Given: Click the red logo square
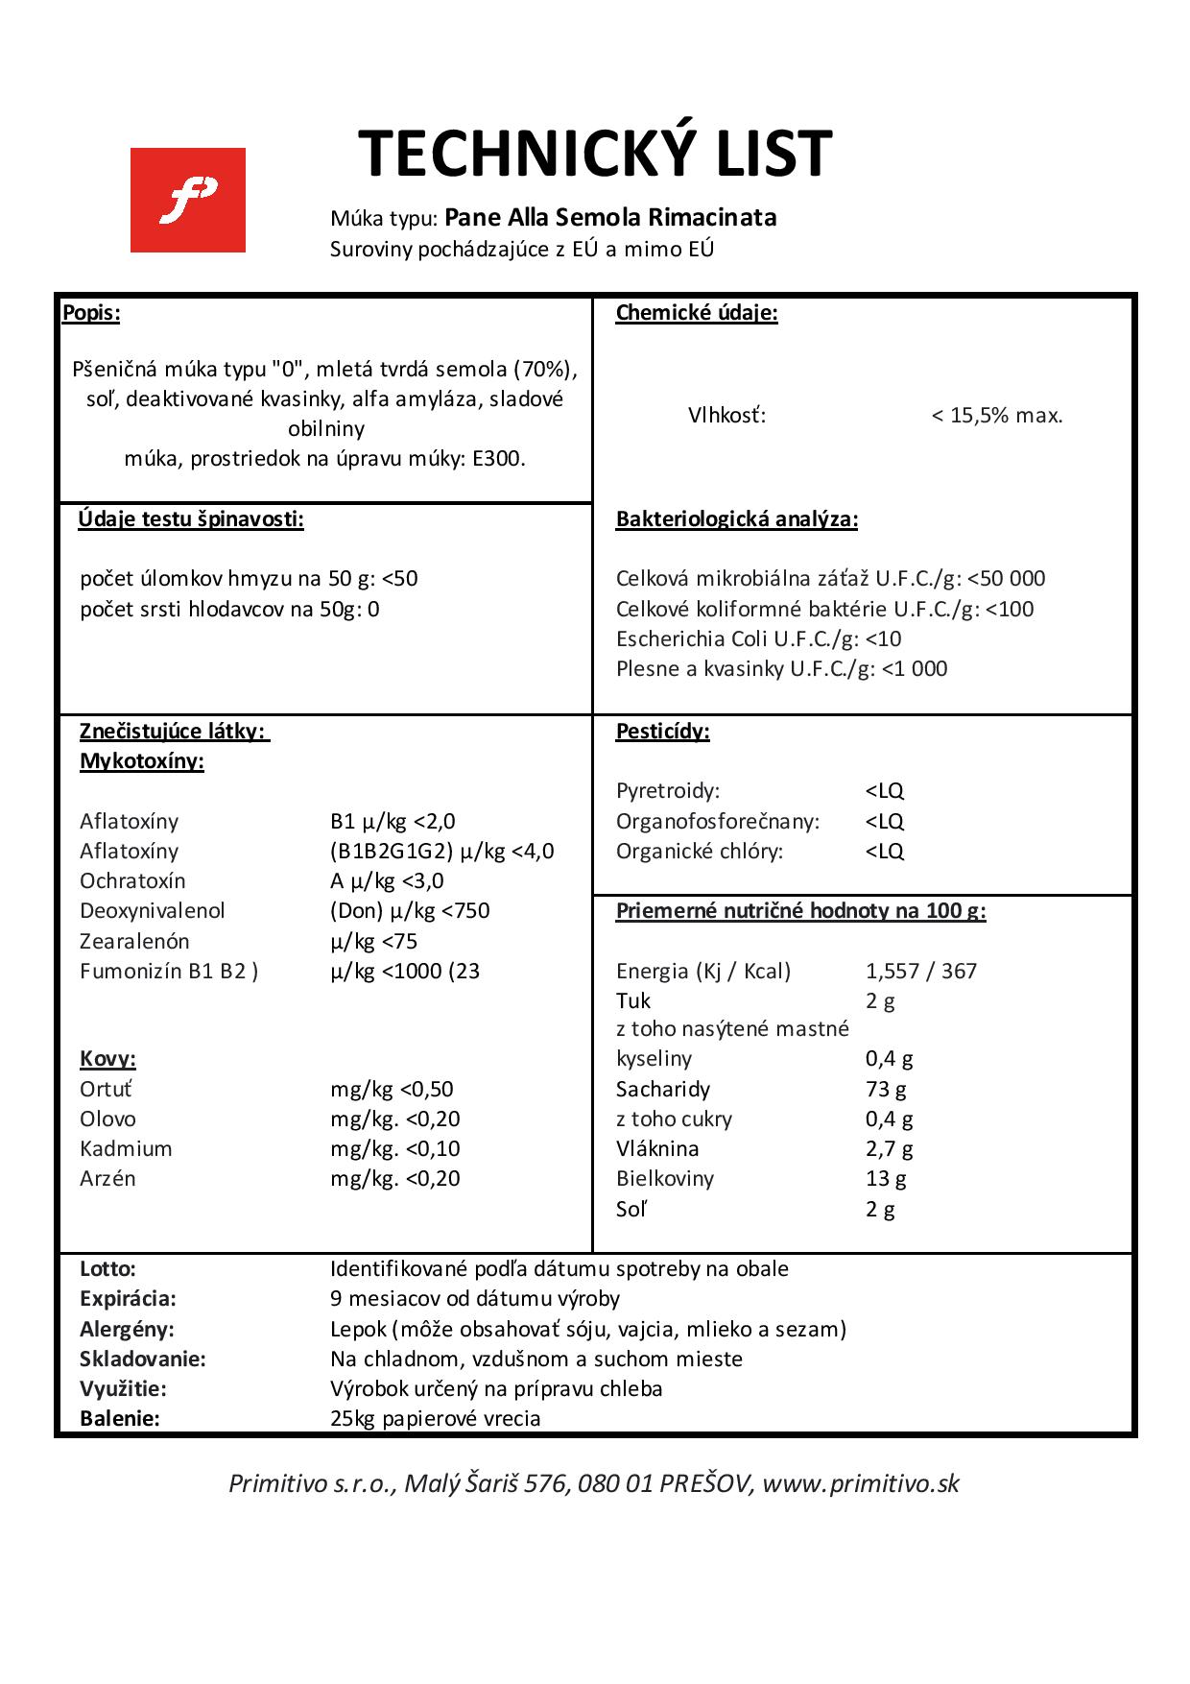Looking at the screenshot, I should coord(188,200).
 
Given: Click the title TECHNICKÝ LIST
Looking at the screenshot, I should coord(595,154).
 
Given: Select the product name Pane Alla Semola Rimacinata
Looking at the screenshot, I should coord(610,217).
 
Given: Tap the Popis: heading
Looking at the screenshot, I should coord(91,312).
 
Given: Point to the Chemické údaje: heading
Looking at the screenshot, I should coord(697,312).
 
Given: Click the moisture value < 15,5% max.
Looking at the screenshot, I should coord(997,416).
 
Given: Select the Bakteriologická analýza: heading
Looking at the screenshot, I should coord(737,519).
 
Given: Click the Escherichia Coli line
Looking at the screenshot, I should coord(758,638).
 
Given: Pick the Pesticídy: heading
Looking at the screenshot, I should coord(663,732).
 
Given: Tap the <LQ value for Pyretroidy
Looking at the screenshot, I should coord(884,791).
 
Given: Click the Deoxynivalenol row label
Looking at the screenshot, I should coord(153,910).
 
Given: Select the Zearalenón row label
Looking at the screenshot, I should coord(134,941).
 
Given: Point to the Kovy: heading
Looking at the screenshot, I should coord(107,1059).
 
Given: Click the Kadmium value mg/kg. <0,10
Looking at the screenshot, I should coord(395,1148).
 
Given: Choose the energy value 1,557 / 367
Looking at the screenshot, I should coord(920,971).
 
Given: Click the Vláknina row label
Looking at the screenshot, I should coord(657,1148).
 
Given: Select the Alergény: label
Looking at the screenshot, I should coord(128,1329).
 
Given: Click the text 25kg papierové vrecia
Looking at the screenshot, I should coord(436,1418).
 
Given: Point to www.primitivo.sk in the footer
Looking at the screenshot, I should coord(862,1483).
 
